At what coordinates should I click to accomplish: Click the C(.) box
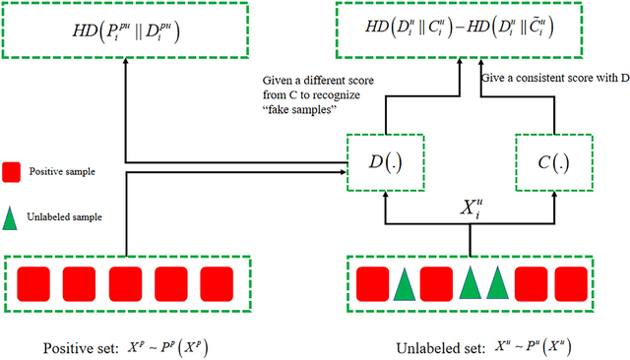[x=551, y=159]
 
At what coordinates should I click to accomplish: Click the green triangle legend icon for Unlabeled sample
[x=13, y=217]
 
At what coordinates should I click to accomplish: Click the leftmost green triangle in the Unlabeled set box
[x=404, y=284]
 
